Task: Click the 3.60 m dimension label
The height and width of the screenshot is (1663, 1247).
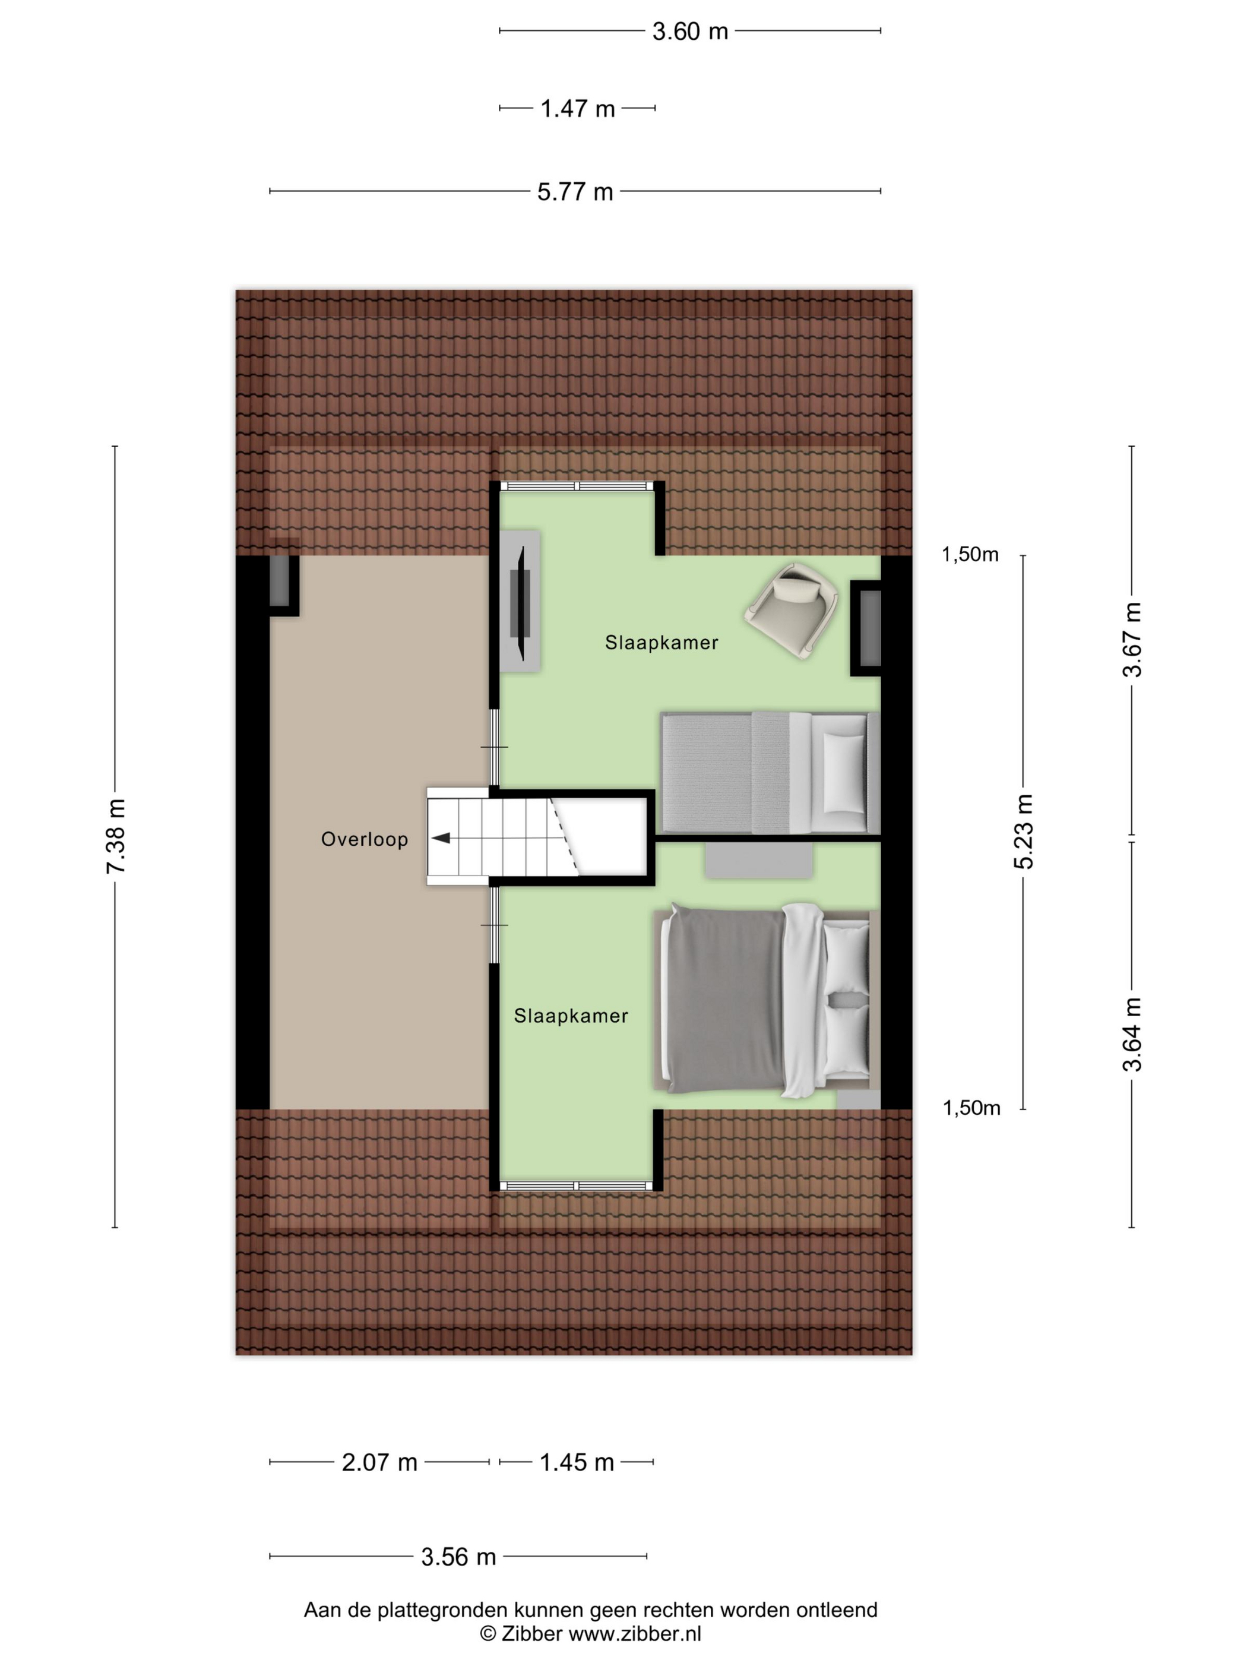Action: (689, 31)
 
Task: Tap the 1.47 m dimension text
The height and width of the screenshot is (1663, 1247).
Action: (577, 109)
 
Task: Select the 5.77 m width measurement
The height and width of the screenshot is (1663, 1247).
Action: (575, 192)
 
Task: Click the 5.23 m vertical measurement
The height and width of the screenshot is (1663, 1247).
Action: (1024, 831)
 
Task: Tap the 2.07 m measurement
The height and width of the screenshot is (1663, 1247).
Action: (379, 1462)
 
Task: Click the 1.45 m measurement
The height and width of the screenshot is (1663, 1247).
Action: (577, 1462)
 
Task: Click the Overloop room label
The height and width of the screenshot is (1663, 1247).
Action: (365, 839)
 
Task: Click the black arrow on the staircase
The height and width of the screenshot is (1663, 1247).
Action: (441, 837)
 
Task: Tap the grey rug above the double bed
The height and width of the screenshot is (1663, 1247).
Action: (758, 860)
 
